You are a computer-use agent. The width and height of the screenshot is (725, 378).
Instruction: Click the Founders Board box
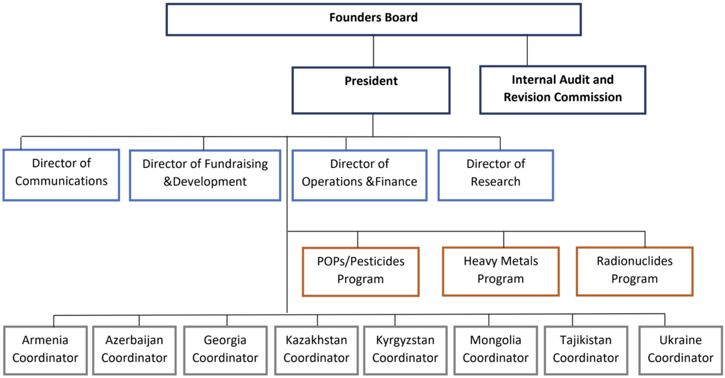tap(373, 19)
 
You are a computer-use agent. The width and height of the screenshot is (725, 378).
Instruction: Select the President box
tap(371, 91)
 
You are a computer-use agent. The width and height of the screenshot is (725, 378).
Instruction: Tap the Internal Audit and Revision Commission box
tap(562, 90)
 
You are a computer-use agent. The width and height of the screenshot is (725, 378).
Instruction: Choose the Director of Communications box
tap(61, 175)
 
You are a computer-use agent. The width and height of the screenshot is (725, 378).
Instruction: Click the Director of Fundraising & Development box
tap(205, 175)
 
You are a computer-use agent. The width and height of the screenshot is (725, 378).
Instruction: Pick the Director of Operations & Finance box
tap(359, 175)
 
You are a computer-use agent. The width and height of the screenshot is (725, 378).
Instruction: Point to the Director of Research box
tap(495, 175)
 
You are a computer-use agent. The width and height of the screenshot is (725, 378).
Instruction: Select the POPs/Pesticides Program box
tap(360, 272)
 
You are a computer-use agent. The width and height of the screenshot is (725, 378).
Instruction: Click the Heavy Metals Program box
tap(501, 272)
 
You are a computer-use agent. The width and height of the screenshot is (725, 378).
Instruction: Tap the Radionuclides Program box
tap(634, 272)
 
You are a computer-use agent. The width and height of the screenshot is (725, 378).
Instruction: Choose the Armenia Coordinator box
tap(45, 351)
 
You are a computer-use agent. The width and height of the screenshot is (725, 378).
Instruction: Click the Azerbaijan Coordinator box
tap(135, 351)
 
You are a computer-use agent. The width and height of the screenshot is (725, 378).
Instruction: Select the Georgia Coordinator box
tap(225, 351)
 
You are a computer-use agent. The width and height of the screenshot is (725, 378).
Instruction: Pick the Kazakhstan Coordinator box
tap(316, 351)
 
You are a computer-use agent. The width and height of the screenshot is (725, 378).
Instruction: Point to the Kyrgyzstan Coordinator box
tap(405, 351)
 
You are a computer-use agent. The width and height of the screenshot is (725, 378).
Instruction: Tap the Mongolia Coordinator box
tap(495, 351)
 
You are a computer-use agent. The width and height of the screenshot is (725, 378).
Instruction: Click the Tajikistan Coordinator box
tap(586, 351)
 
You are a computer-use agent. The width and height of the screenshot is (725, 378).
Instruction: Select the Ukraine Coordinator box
tap(681, 351)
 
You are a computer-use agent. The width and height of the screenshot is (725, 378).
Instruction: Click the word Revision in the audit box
tap(525, 97)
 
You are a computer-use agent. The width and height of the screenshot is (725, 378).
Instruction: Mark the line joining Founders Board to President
tap(373, 51)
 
